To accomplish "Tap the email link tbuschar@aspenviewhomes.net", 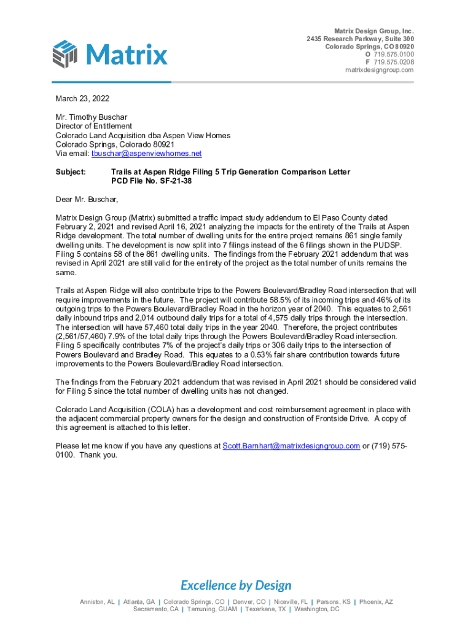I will (146, 154).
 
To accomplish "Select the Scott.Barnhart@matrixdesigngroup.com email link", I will (291, 446).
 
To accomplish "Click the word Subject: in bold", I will (71, 172).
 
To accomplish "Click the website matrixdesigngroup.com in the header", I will (379, 70).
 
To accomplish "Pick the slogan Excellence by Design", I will (236, 585).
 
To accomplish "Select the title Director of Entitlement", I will (94, 126).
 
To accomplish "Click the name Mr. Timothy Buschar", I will (92, 117).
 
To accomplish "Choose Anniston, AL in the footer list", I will (97, 602).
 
